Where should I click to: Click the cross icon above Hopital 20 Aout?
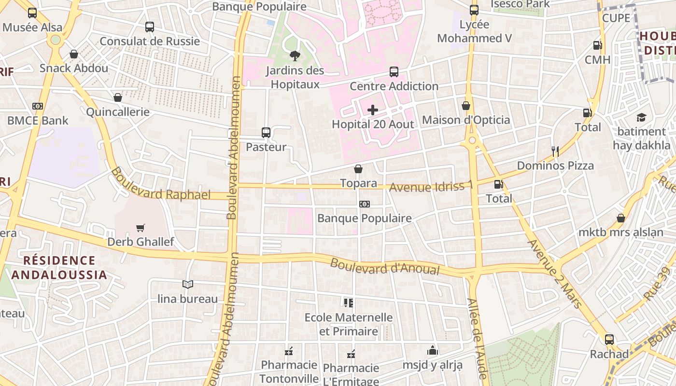(x=373, y=110)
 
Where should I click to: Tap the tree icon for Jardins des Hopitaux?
(x=295, y=56)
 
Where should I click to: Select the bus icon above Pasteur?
(x=266, y=132)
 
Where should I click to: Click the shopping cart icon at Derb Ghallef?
(x=141, y=228)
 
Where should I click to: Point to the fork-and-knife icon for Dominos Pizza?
(x=555, y=152)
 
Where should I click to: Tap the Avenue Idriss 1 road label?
(x=431, y=186)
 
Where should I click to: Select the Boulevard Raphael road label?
(x=160, y=184)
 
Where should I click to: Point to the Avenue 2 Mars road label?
(x=555, y=273)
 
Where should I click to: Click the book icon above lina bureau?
(x=188, y=285)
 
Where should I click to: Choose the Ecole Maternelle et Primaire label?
(x=349, y=324)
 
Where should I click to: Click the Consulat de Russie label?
(x=150, y=41)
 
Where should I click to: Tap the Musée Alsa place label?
(x=32, y=28)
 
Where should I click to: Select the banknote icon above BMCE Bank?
(x=38, y=106)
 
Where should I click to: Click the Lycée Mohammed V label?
(x=474, y=31)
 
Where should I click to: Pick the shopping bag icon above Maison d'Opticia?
(x=466, y=106)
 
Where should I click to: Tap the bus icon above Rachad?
(x=609, y=340)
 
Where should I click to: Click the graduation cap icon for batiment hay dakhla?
(x=641, y=117)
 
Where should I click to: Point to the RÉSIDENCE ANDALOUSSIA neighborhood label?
(x=59, y=268)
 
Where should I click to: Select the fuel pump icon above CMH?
(x=597, y=45)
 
